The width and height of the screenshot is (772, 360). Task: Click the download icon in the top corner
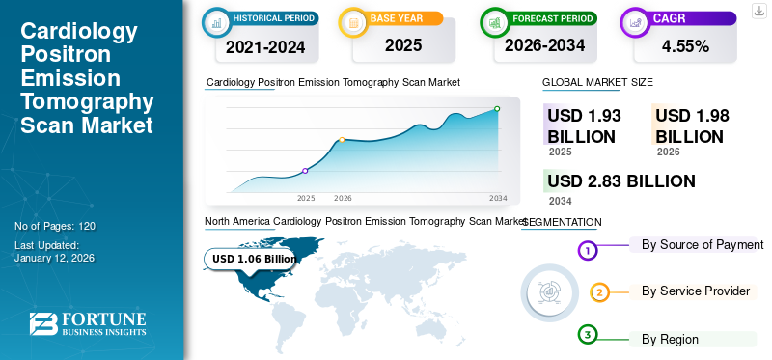click(x=758, y=11)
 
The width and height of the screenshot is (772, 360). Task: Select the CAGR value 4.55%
click(x=685, y=45)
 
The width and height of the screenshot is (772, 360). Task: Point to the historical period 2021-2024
click(x=266, y=45)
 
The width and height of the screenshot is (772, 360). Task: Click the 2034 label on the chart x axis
click(x=498, y=198)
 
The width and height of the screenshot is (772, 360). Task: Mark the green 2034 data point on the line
click(x=497, y=109)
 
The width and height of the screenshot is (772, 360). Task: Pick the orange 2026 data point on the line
click(x=342, y=140)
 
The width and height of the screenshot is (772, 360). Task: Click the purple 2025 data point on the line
click(x=306, y=171)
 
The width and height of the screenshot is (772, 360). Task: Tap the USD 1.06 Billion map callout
click(x=254, y=259)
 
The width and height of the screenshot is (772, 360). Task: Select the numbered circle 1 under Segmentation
click(x=588, y=251)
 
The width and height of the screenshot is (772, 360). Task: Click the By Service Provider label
click(x=696, y=291)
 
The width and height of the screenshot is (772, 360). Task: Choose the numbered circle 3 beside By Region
click(x=588, y=335)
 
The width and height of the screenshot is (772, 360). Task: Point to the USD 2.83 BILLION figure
click(x=620, y=180)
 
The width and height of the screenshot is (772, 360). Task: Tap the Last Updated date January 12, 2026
click(x=55, y=259)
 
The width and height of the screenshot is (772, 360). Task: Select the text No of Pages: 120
click(x=55, y=226)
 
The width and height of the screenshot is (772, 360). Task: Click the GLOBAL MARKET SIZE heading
click(x=597, y=83)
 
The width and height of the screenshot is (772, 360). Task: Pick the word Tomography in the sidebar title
click(x=87, y=103)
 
